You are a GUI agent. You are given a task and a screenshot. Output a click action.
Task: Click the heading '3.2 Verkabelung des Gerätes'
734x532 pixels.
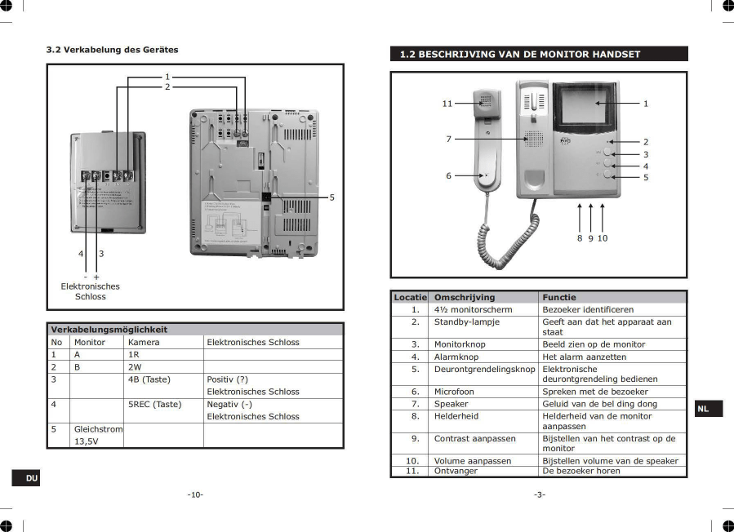click(x=112, y=50)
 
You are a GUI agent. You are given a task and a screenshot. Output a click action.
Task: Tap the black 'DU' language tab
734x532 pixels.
click(x=31, y=477)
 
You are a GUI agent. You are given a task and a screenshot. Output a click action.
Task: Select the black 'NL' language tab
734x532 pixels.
click(x=703, y=409)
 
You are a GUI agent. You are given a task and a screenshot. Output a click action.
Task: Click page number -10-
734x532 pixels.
click(x=195, y=494)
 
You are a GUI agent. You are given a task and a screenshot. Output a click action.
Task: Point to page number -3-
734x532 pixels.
click(x=540, y=494)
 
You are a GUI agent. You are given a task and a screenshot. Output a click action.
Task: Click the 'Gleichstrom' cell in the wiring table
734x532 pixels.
click(x=98, y=428)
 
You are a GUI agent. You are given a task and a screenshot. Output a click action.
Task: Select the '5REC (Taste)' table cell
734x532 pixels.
click(x=154, y=404)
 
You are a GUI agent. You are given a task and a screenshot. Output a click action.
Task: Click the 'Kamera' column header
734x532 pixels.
click(x=144, y=342)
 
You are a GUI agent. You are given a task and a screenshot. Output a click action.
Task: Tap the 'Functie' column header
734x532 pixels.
click(x=559, y=297)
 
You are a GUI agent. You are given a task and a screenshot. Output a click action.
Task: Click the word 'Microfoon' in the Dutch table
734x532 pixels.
click(x=454, y=392)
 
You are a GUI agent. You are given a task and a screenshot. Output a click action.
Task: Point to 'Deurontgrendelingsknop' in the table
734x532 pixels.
click(x=484, y=369)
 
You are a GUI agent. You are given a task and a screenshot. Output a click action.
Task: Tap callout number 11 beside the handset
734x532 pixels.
click(x=447, y=104)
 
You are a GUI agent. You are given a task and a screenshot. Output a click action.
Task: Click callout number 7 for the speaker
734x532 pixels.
click(x=448, y=140)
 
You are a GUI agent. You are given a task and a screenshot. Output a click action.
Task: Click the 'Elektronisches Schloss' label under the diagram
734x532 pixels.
click(x=90, y=291)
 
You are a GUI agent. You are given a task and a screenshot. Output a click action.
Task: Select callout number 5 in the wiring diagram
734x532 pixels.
click(x=331, y=197)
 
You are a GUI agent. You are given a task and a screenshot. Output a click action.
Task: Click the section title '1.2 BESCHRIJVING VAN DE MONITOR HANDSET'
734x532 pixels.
click(x=520, y=55)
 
